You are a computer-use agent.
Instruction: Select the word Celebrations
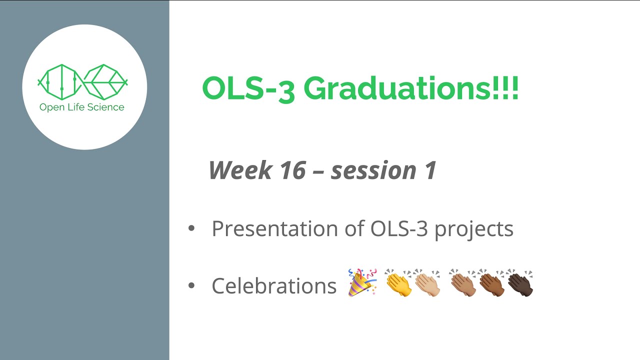pyautogui.click(x=274, y=286)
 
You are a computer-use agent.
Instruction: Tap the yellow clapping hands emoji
pyautogui.click(x=398, y=283)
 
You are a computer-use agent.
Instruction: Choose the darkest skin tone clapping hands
pyautogui.click(x=520, y=283)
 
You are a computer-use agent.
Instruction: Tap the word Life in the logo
pyautogui.click(x=75, y=107)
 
